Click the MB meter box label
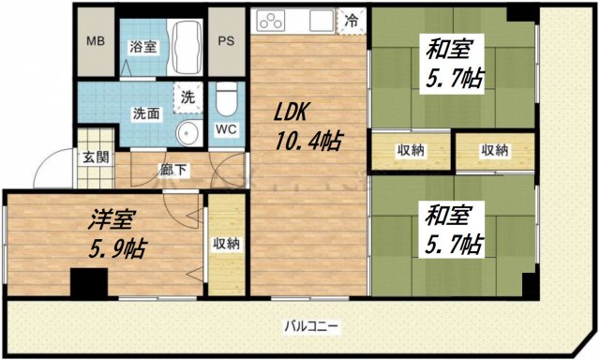pos(96,42)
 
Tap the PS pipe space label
pos(226,42)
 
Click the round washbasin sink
pos(187,132)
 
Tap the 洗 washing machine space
pos(187,96)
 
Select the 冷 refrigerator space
pos(352,19)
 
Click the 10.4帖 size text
pos(308,142)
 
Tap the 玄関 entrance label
pos(94,157)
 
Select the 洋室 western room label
pos(113,221)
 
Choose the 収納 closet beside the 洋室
pos(226,244)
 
